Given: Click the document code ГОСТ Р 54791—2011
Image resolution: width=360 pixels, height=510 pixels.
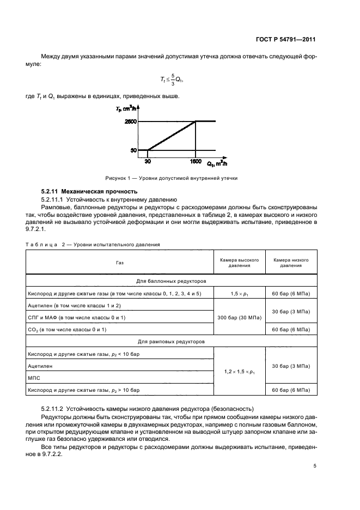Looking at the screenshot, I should point(287,40).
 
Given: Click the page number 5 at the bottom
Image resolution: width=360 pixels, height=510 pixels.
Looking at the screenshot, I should point(315,466).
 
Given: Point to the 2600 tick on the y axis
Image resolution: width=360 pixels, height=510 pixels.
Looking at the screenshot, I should point(130,122).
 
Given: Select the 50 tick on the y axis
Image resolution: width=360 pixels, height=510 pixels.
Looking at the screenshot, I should point(133,150).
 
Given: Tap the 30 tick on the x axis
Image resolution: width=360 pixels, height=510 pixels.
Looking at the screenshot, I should point(148,161).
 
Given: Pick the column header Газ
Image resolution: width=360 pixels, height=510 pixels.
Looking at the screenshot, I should point(119,262).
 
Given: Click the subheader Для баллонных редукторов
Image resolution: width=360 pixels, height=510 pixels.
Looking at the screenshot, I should point(172,282).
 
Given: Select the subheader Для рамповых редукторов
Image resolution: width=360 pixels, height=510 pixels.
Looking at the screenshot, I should point(172,342).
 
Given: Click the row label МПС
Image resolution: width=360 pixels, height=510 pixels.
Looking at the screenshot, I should point(34,378).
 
